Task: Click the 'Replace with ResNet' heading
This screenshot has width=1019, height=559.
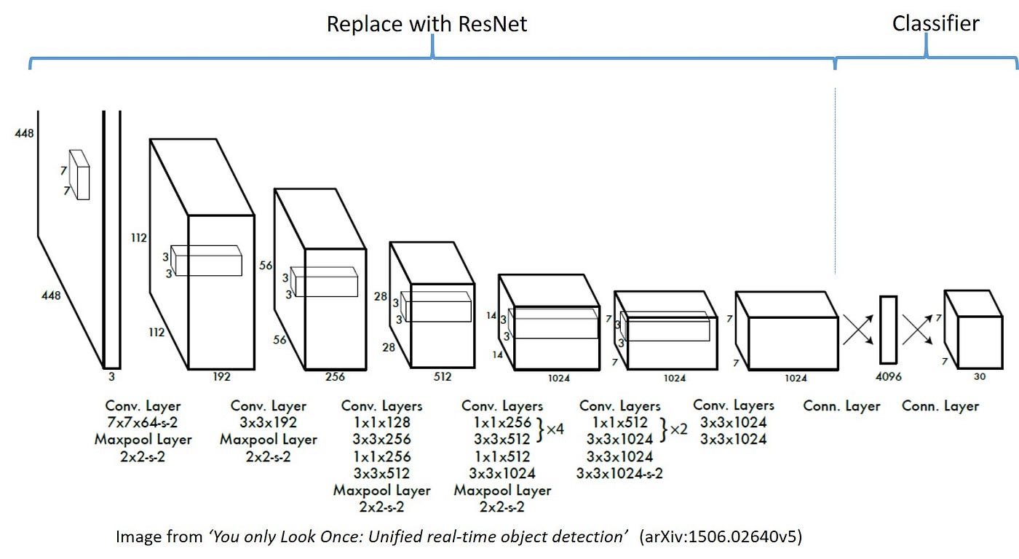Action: coord(427,24)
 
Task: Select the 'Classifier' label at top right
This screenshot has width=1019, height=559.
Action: coord(935,23)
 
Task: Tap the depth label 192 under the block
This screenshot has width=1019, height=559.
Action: coord(221,377)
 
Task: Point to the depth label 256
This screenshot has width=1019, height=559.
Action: coord(335,377)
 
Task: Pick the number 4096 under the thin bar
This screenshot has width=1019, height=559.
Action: coord(888,378)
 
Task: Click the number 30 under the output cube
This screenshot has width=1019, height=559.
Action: coord(979,377)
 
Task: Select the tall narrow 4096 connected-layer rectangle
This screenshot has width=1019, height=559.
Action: coord(888,329)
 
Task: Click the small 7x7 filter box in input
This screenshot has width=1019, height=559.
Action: coord(79,175)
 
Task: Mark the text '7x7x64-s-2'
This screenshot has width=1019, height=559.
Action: coord(143,423)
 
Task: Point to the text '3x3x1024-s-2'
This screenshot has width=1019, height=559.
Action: coord(619,473)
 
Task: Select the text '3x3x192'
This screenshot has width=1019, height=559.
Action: coord(268,423)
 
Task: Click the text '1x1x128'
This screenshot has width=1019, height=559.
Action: coord(381,423)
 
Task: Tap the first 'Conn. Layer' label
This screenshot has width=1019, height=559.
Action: coord(841,406)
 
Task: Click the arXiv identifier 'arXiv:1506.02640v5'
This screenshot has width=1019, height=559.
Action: coord(721,537)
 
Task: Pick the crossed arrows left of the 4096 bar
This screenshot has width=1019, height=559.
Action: coord(859,329)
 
